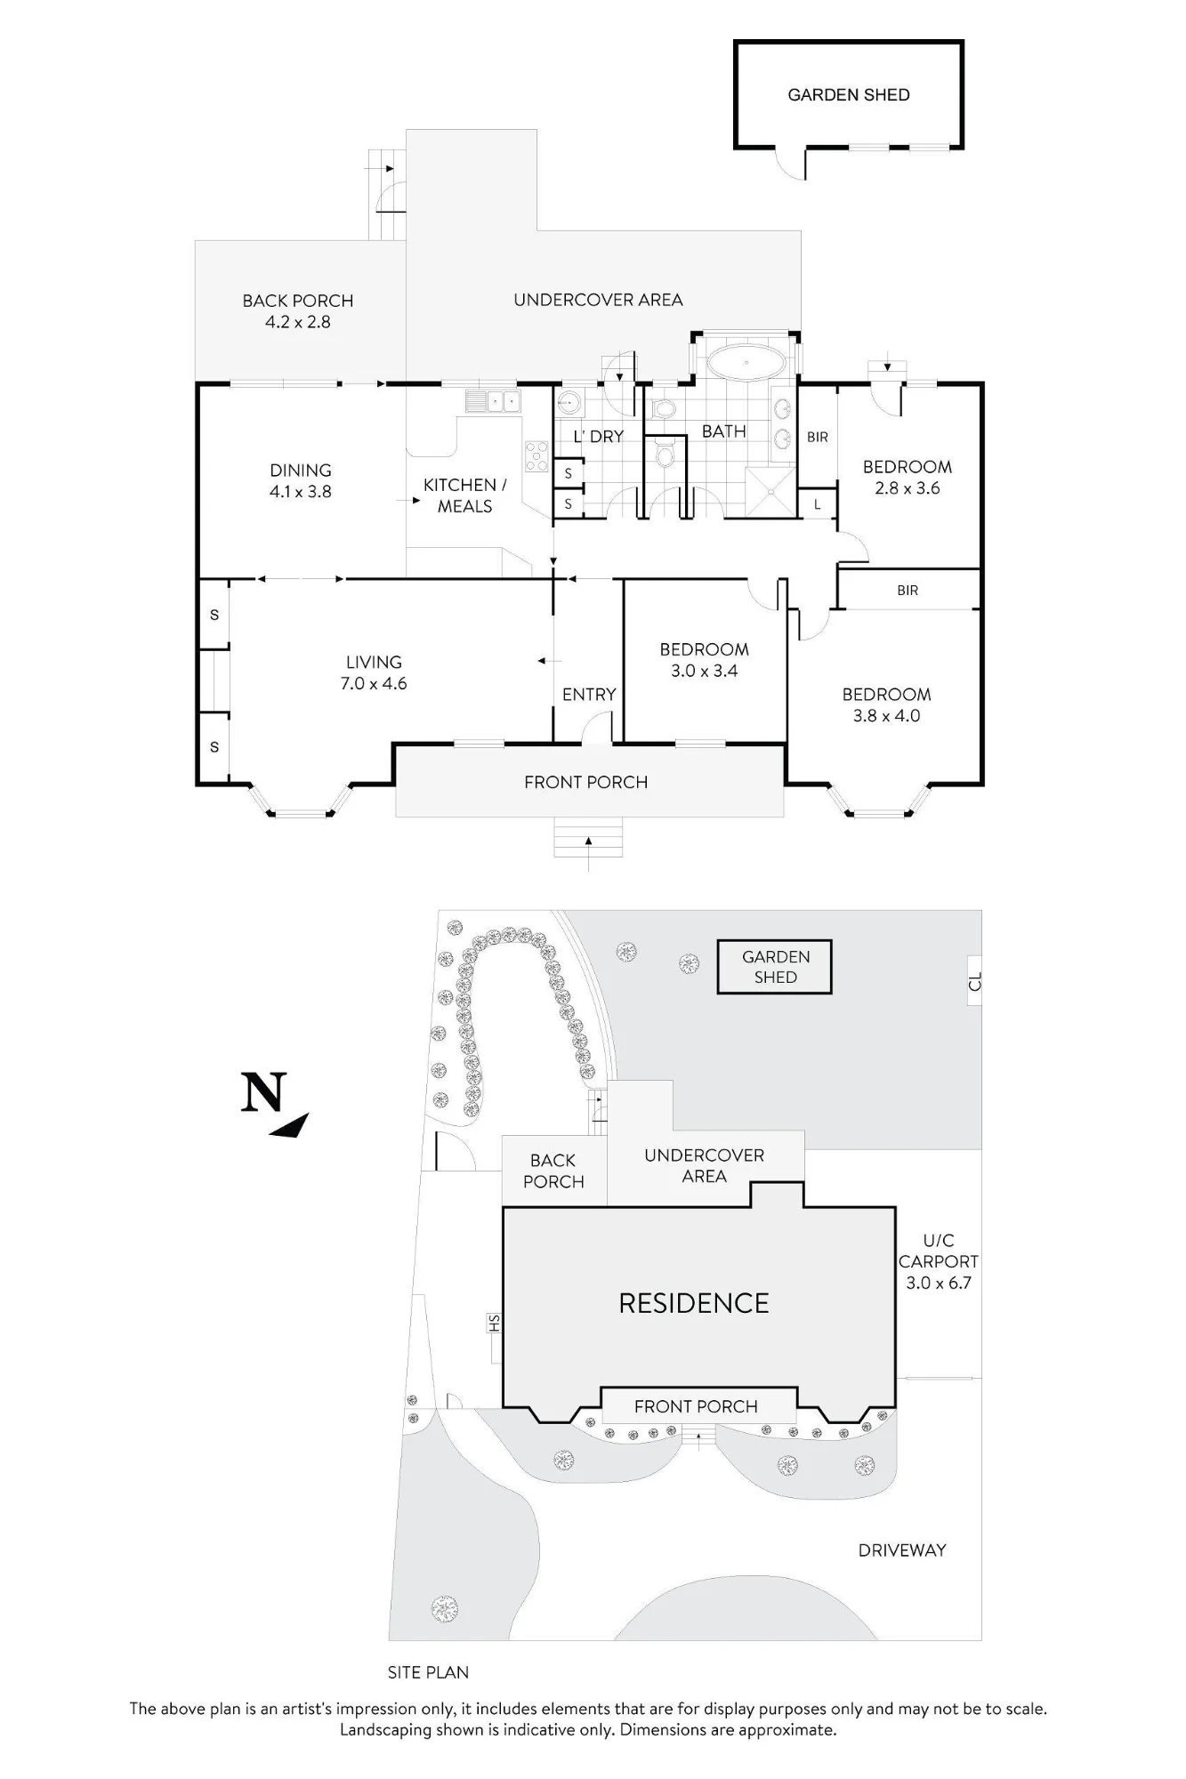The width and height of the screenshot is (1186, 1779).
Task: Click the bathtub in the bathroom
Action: (x=746, y=364)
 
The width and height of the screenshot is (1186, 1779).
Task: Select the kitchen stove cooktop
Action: (x=537, y=455)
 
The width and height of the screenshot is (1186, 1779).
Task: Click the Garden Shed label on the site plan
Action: (x=776, y=967)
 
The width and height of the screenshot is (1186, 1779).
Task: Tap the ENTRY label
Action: (x=589, y=695)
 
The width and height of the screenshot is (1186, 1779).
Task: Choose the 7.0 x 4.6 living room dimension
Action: (x=374, y=684)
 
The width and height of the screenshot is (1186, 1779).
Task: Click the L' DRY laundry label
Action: (x=598, y=437)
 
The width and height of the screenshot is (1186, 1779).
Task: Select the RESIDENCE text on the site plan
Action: (x=694, y=1303)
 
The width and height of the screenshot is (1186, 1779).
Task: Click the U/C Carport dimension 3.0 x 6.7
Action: (x=939, y=1283)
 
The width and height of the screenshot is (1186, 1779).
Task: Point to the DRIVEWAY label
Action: (x=902, y=1550)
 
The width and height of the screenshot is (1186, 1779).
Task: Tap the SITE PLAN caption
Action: (x=428, y=1672)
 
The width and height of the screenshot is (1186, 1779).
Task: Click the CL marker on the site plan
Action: (x=975, y=982)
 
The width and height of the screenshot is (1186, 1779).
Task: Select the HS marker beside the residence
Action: (x=495, y=1324)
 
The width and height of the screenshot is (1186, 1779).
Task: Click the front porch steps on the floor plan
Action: (x=588, y=837)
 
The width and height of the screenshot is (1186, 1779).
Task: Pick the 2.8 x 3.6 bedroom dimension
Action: (x=908, y=488)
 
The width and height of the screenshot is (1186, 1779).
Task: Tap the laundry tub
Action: (x=569, y=405)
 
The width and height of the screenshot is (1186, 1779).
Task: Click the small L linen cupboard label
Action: (x=818, y=505)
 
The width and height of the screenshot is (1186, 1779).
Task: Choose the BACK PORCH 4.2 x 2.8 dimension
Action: (x=298, y=322)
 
